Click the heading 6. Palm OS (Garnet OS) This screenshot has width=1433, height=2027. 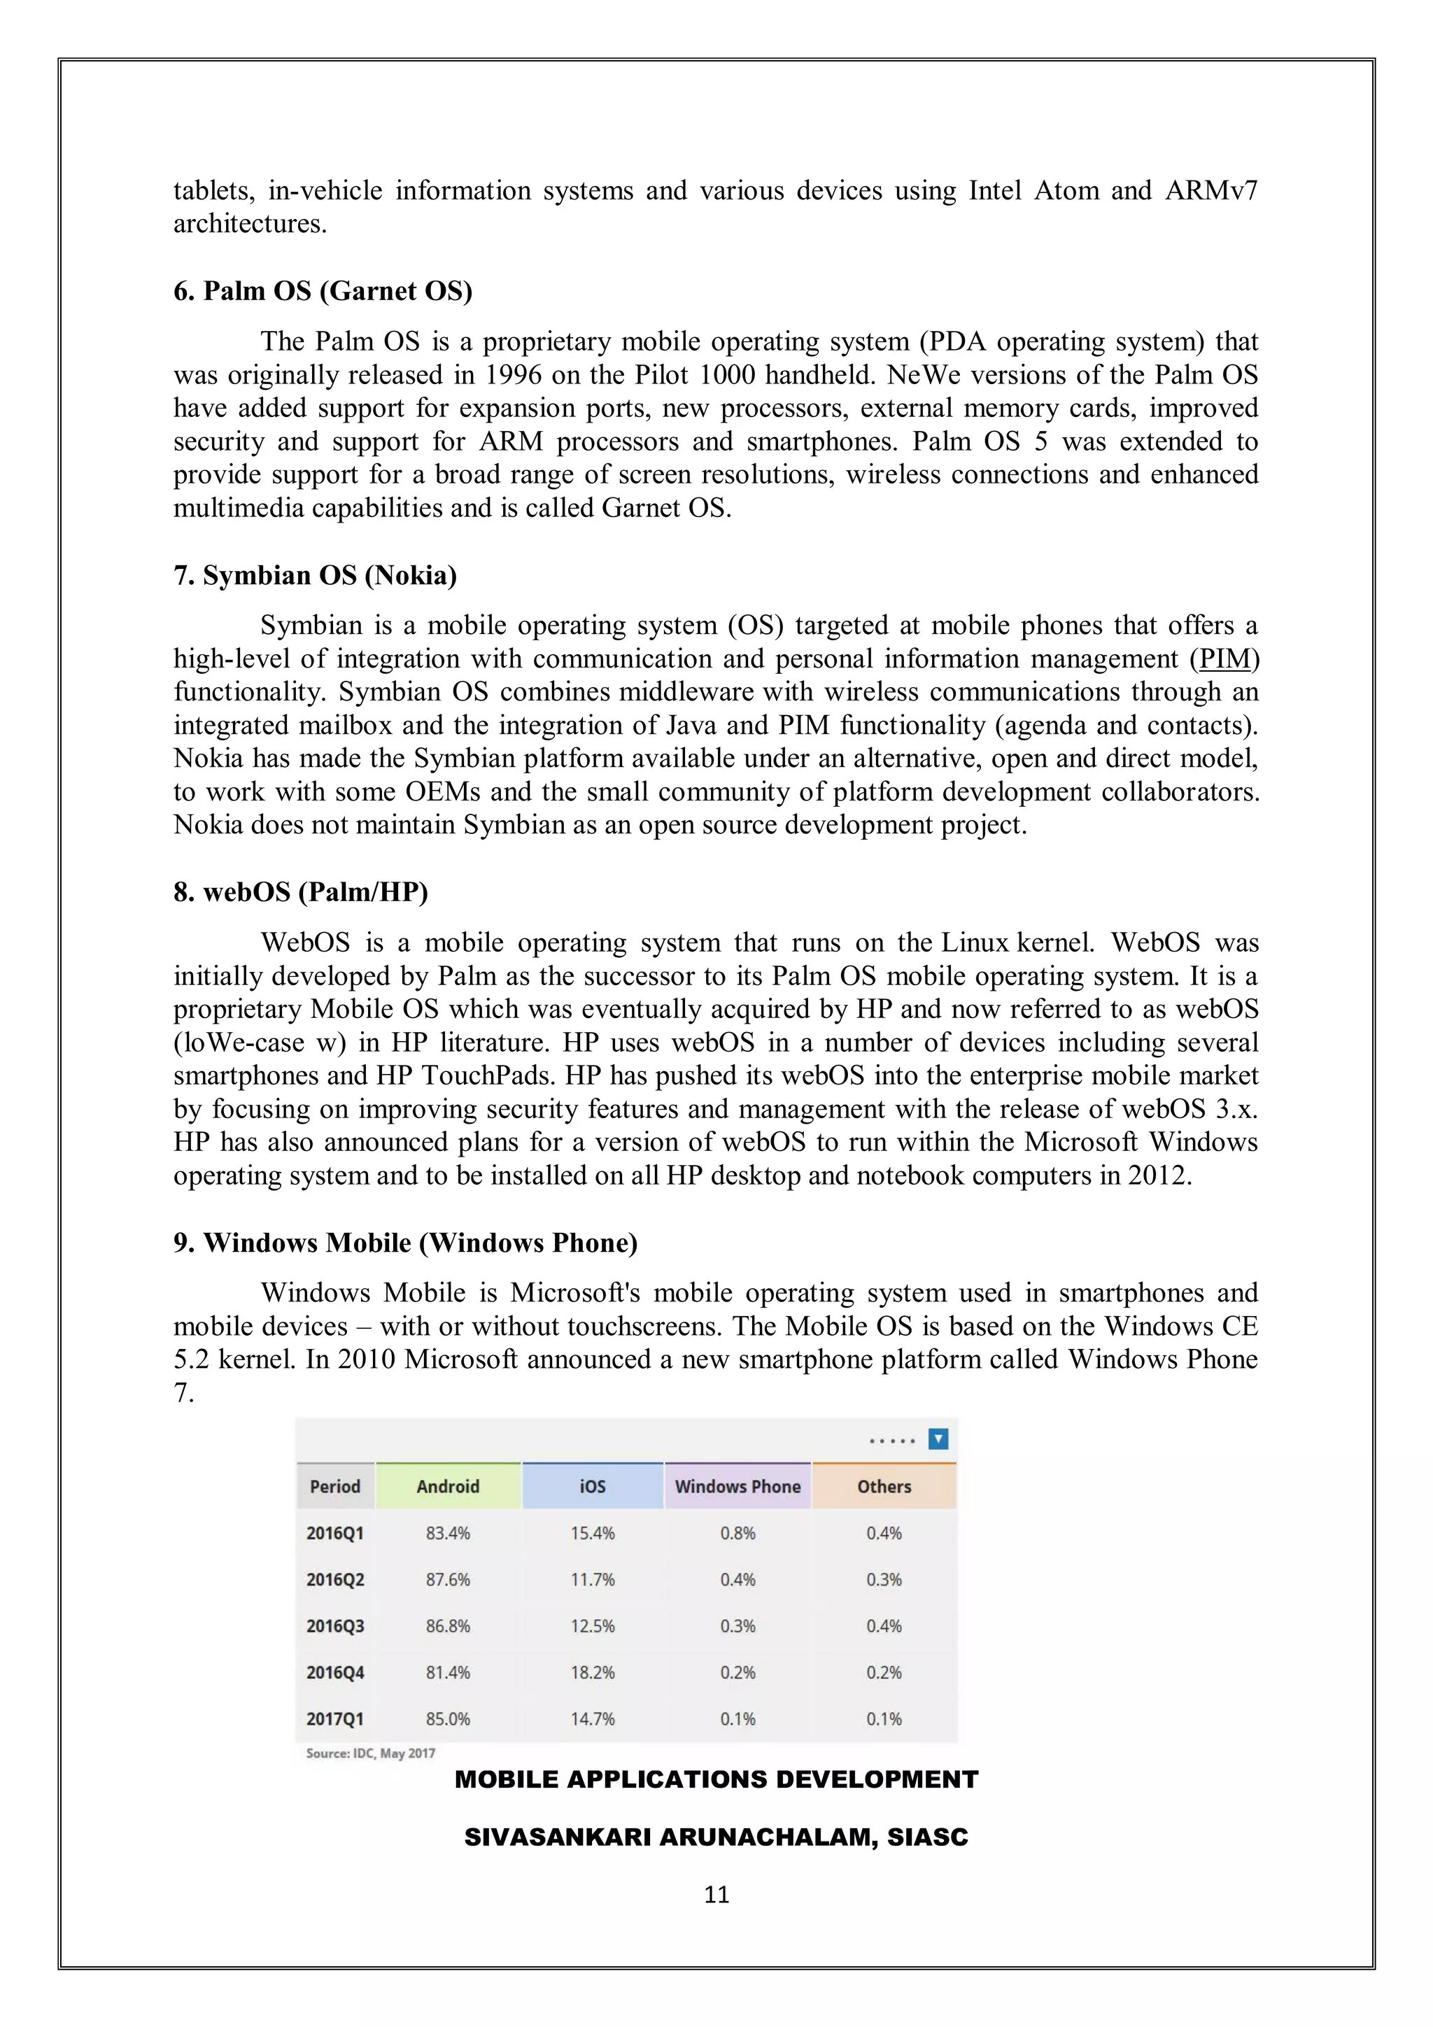[323, 290]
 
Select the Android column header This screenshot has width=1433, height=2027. [448, 1487]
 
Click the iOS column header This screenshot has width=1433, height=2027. [593, 1487]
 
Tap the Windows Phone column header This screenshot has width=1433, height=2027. [737, 1487]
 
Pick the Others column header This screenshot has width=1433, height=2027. [884, 1487]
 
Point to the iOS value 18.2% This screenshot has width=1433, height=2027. [593, 1672]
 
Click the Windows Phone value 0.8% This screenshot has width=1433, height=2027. [737, 1534]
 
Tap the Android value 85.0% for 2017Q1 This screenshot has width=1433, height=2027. [448, 1719]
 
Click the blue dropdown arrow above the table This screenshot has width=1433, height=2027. [938, 1440]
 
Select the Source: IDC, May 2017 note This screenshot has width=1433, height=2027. [370, 1753]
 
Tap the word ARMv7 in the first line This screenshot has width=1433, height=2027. [1211, 191]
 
